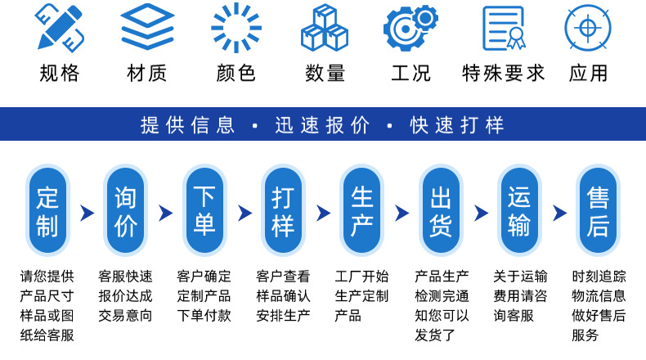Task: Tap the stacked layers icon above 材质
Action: pyautogui.click(x=147, y=27)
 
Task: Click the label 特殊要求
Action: pyautogui.click(x=503, y=73)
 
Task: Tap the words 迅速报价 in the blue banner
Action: pyautogui.click(x=322, y=125)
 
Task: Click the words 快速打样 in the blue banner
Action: pyautogui.click(x=458, y=125)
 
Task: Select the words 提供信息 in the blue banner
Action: pyautogui.click(x=188, y=125)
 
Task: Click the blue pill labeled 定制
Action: pyautogui.click(x=48, y=211)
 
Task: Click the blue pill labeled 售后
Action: pyautogui.click(x=598, y=211)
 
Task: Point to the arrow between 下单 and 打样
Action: pyautogui.click(x=244, y=214)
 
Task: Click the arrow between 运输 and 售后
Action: pyautogui.click(x=559, y=214)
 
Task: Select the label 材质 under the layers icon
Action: pyautogui.click(x=147, y=73)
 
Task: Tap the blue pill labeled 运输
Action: pyautogui.click(x=519, y=211)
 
